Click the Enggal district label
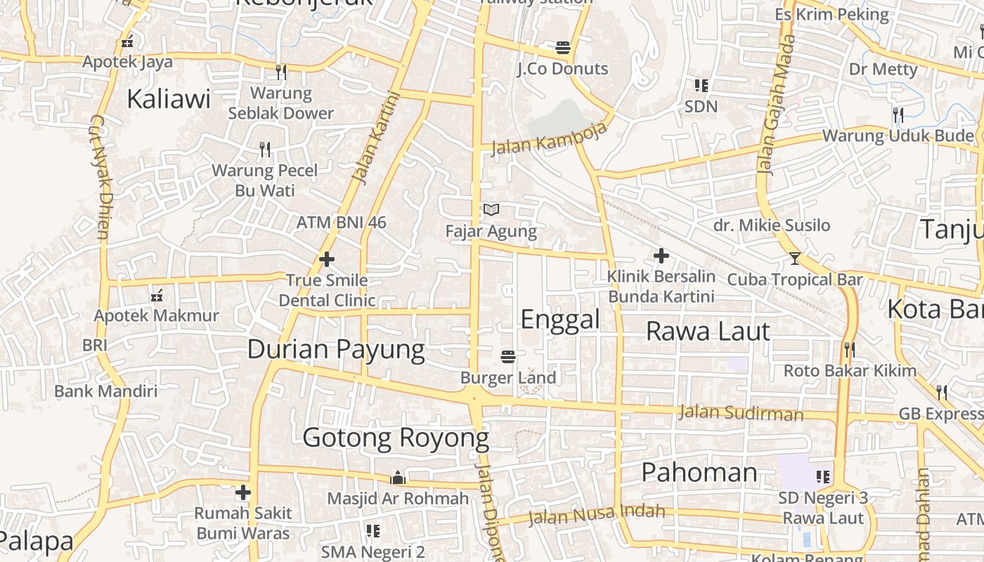pos(560,320)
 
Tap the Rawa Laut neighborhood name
pos(708,331)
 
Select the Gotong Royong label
pos(396,438)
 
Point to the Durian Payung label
pos(336,349)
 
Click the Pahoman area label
pos(699,472)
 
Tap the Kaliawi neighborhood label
pos(169,99)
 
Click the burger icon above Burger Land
pos(508,357)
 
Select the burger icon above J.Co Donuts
pos(562,48)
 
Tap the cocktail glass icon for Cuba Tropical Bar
pos(794,259)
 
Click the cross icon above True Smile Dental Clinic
pos(327,259)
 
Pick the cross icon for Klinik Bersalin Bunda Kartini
pos(661,256)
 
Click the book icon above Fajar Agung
pos(491,209)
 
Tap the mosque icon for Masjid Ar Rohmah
pos(398,478)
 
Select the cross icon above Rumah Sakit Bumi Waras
pos(243,492)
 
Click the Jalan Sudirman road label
pos(741,413)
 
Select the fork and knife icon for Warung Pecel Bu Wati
pos(265,149)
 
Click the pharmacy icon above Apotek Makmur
pos(157,296)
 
